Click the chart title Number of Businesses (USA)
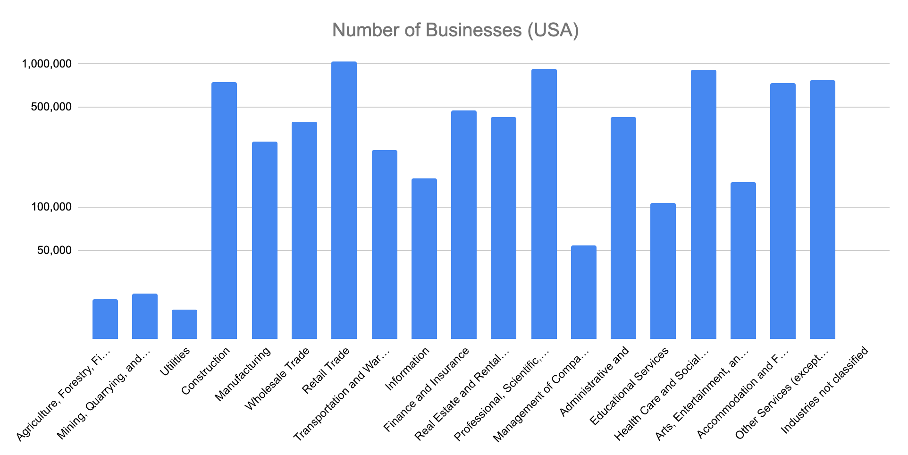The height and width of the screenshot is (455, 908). pyautogui.click(x=455, y=30)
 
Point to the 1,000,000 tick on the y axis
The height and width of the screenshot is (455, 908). pyautogui.click(x=47, y=63)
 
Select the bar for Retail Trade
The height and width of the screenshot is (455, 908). pyautogui.click(x=344, y=201)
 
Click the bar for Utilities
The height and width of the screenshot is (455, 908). pyautogui.click(x=185, y=324)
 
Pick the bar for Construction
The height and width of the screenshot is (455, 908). pyautogui.click(x=224, y=211)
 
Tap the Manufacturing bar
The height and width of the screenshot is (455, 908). pyautogui.click(x=265, y=240)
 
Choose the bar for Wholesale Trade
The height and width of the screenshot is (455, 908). pyautogui.click(x=304, y=230)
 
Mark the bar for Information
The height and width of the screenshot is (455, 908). pyautogui.click(x=424, y=259)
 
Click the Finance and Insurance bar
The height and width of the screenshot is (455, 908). pyautogui.click(x=464, y=225)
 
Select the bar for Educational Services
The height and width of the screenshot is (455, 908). pyautogui.click(x=663, y=271)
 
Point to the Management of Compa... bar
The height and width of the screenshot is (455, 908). pyautogui.click(x=584, y=292)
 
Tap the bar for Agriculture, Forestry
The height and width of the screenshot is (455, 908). pyautogui.click(x=105, y=319)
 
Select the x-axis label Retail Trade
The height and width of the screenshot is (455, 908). pyautogui.click(x=326, y=371)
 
